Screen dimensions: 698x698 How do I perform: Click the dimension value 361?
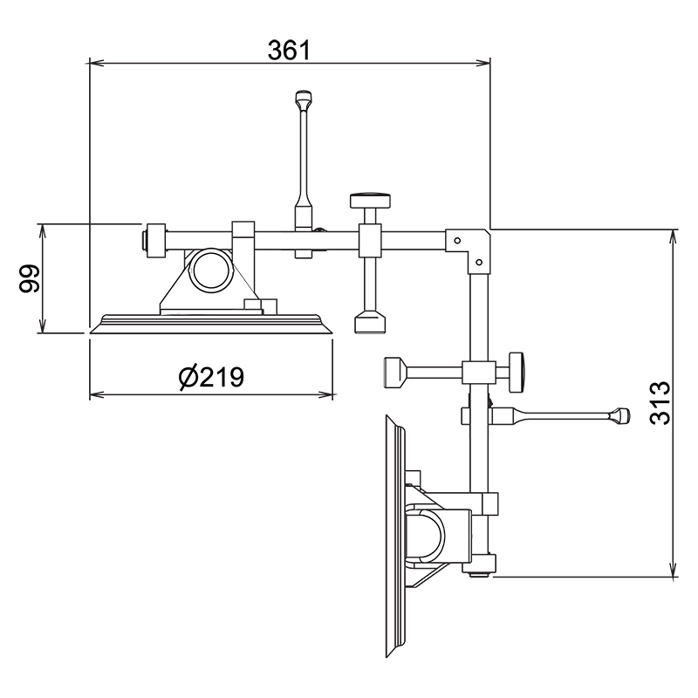[290, 50]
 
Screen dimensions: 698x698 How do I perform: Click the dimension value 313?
[660, 403]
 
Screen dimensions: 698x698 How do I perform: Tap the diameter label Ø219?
[210, 377]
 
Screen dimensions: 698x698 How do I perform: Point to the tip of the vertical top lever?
[303, 96]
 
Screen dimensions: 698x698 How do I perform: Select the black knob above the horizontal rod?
[371, 200]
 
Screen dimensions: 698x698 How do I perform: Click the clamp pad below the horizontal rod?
[370, 323]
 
